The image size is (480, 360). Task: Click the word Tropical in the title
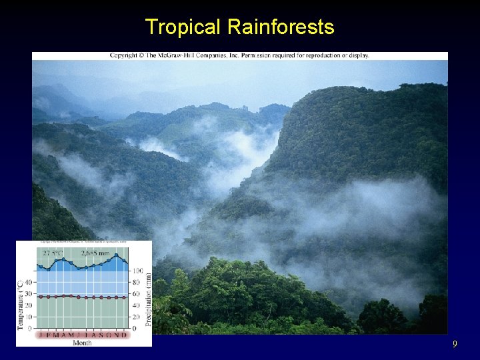[x=182, y=27]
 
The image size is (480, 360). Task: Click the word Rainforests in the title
[x=281, y=27]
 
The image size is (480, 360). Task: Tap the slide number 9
[x=455, y=345]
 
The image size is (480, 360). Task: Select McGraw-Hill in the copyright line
[x=178, y=55]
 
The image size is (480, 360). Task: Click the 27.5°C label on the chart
[x=55, y=254]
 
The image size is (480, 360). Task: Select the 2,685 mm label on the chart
[x=95, y=254]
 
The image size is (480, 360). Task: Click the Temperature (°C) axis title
[x=21, y=304]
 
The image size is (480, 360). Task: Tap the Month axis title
[x=82, y=343]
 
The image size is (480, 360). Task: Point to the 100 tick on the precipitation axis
[x=137, y=271]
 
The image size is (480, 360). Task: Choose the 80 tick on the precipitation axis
[x=136, y=283]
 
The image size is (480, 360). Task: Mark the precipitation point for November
[x=117, y=255]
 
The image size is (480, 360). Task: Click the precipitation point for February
[x=48, y=269]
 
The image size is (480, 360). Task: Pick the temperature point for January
[x=40, y=297]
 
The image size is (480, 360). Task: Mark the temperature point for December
[x=125, y=297]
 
